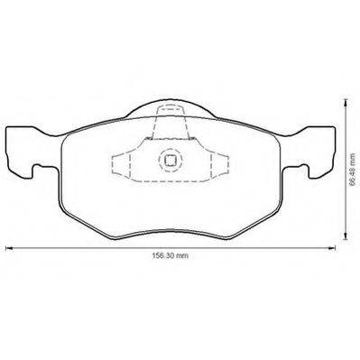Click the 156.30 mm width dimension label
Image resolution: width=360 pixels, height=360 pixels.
pyautogui.click(x=170, y=255)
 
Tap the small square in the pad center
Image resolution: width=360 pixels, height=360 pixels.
pyautogui.click(x=171, y=161)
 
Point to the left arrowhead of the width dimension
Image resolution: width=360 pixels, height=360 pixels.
pyautogui.click(x=9, y=248)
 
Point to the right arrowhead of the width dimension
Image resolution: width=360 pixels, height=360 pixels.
pyautogui.click(x=332, y=248)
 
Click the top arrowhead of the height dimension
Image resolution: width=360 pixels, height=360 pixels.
pyautogui.click(x=346, y=103)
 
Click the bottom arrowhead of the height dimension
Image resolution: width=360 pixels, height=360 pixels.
pyautogui.click(x=346, y=236)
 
